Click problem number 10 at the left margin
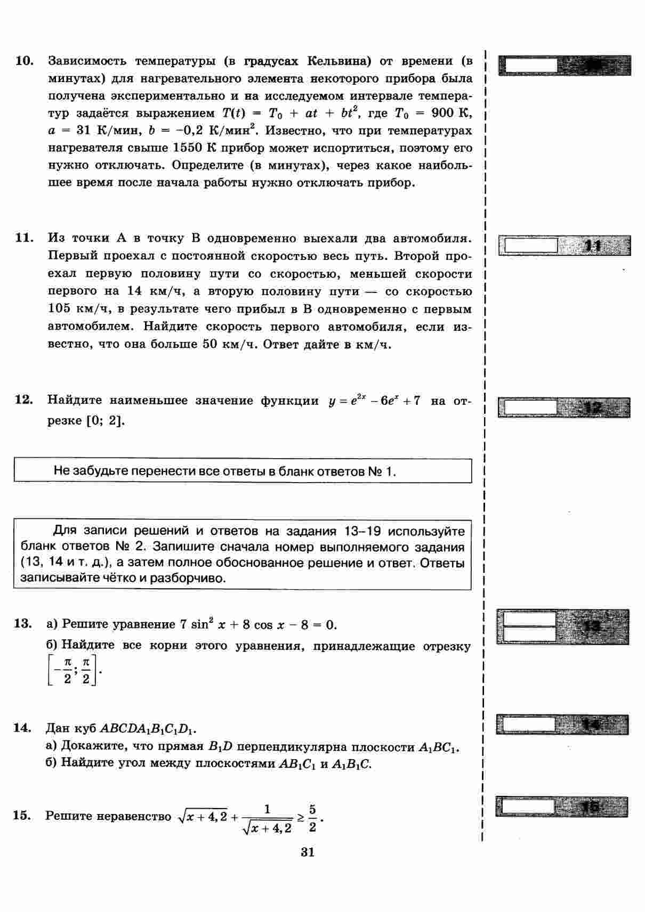point(25,61)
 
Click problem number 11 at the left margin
point(25,238)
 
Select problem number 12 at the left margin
point(25,400)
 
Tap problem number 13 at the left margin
point(23,624)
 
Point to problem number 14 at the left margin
point(23,728)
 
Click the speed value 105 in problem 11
point(59,309)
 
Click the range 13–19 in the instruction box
point(364,531)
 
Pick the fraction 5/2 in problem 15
point(312,818)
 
